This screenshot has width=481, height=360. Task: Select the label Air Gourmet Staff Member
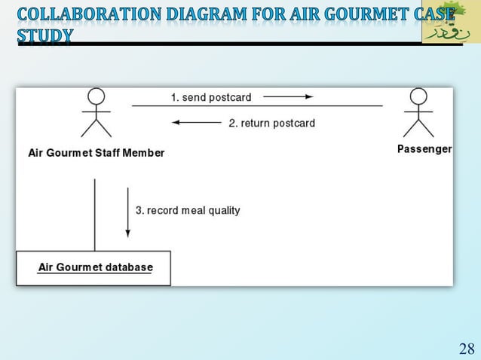[96, 153]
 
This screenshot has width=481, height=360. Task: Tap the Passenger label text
[424, 149]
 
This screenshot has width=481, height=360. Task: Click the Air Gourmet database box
[94, 268]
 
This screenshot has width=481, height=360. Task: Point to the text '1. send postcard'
[211, 97]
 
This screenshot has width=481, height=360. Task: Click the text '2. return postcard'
[271, 123]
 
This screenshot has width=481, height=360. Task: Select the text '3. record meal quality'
[188, 210]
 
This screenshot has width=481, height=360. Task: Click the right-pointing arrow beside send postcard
[288, 97]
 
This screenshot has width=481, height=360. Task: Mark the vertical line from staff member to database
[94, 215]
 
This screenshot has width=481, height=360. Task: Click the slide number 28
[466, 348]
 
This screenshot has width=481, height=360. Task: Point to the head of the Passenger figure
[418, 96]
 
